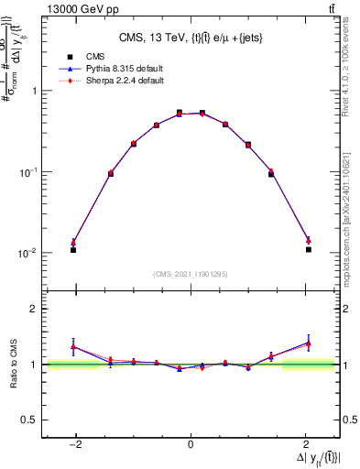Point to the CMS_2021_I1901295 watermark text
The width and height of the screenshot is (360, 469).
point(191,273)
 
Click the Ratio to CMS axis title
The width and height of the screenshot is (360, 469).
point(15,365)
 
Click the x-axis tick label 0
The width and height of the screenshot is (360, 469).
point(191,445)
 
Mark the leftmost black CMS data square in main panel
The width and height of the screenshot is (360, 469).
point(73,249)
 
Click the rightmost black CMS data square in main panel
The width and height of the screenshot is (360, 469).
point(309,249)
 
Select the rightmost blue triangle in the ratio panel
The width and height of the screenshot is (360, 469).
point(309,343)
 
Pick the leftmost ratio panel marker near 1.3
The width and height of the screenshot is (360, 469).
point(73,346)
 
